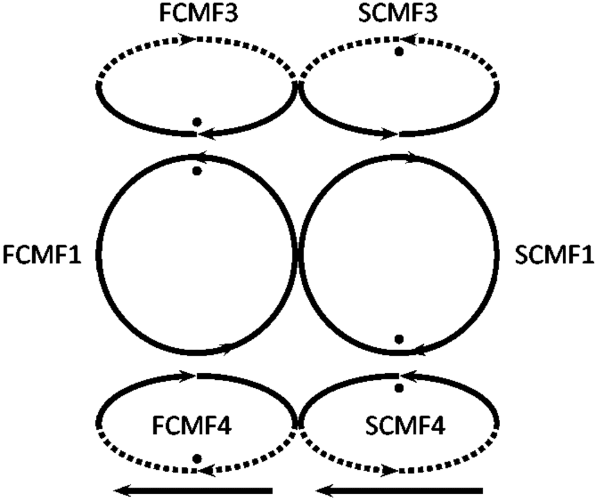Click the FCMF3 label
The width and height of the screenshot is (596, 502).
point(197,13)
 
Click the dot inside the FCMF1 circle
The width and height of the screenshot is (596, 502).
point(197,172)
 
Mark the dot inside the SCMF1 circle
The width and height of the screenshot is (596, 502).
point(399,339)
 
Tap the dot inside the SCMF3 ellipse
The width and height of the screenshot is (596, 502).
point(399,52)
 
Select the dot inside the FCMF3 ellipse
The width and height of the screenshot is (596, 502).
point(196,122)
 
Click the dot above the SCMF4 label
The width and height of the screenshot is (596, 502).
point(399,388)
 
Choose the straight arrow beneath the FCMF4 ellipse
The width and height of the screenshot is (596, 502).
point(194,490)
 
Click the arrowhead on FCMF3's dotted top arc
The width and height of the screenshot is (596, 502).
point(190,39)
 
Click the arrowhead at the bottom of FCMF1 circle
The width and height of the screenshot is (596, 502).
point(226,347)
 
